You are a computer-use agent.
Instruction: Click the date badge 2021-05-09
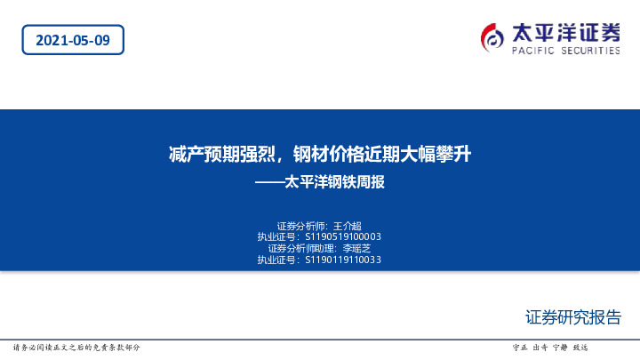[72, 41]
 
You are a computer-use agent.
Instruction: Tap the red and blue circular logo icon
[492, 38]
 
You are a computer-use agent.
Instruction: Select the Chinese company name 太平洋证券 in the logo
[566, 33]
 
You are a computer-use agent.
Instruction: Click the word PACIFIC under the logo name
[534, 52]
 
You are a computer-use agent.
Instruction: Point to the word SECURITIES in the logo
[589, 52]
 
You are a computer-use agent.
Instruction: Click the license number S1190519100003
[343, 237]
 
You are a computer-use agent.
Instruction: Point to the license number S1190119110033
[343, 260]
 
